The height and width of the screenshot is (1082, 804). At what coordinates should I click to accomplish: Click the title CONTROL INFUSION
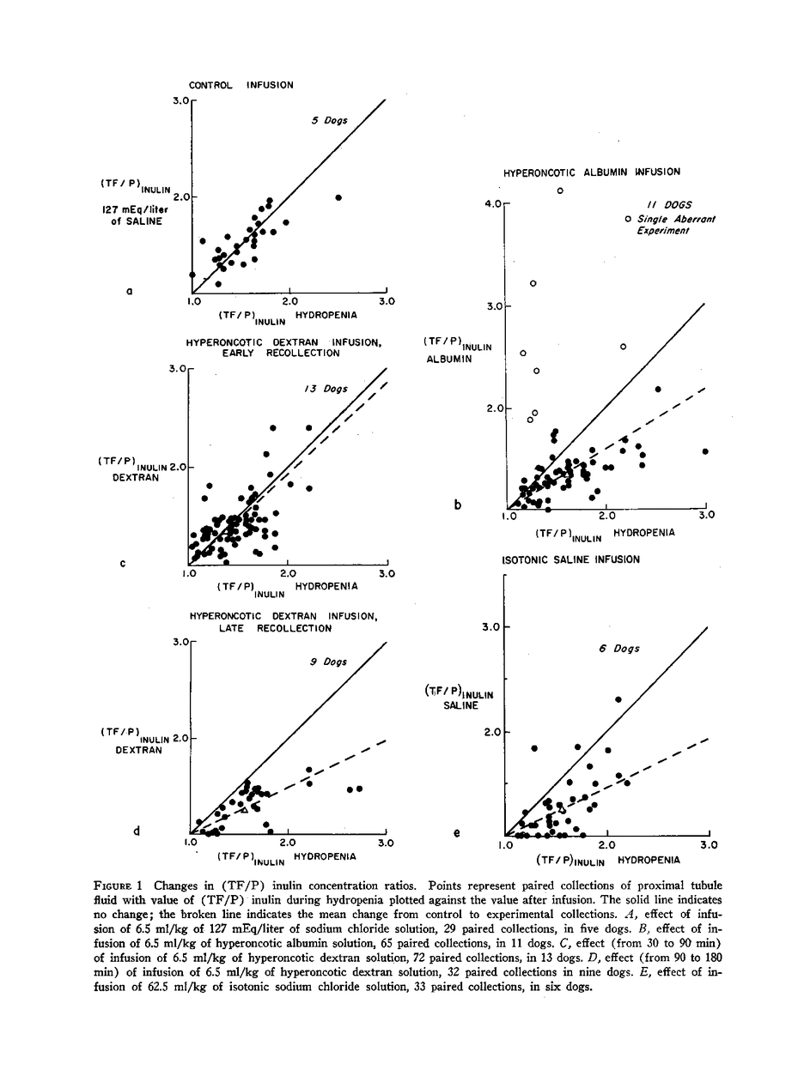241,85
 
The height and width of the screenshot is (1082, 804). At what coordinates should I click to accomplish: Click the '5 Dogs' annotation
329,121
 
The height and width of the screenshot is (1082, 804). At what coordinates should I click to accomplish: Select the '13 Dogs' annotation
326,389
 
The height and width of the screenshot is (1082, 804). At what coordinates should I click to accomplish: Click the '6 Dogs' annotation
618,649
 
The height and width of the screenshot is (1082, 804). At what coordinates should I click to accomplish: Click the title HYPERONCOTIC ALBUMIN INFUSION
591,172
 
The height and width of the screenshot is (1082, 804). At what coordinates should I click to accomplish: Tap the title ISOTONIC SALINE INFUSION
570,559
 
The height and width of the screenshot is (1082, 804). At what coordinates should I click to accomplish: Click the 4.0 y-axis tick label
492,204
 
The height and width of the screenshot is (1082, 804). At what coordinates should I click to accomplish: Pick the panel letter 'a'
129,291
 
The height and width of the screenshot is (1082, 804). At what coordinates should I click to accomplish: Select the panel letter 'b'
458,505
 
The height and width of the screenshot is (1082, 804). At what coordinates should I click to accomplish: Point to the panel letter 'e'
456,832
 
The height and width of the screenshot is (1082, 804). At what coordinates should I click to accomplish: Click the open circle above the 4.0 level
560,190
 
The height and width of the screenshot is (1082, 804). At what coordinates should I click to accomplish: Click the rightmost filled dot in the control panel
338,197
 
